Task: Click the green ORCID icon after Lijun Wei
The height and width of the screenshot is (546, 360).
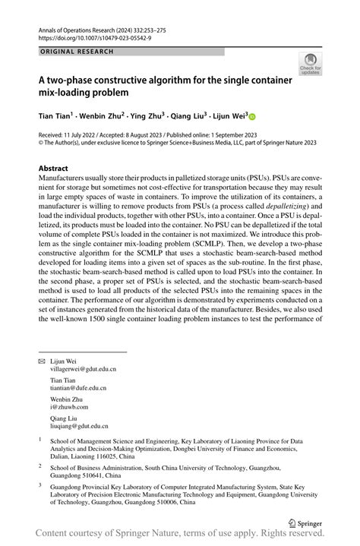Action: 253,117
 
